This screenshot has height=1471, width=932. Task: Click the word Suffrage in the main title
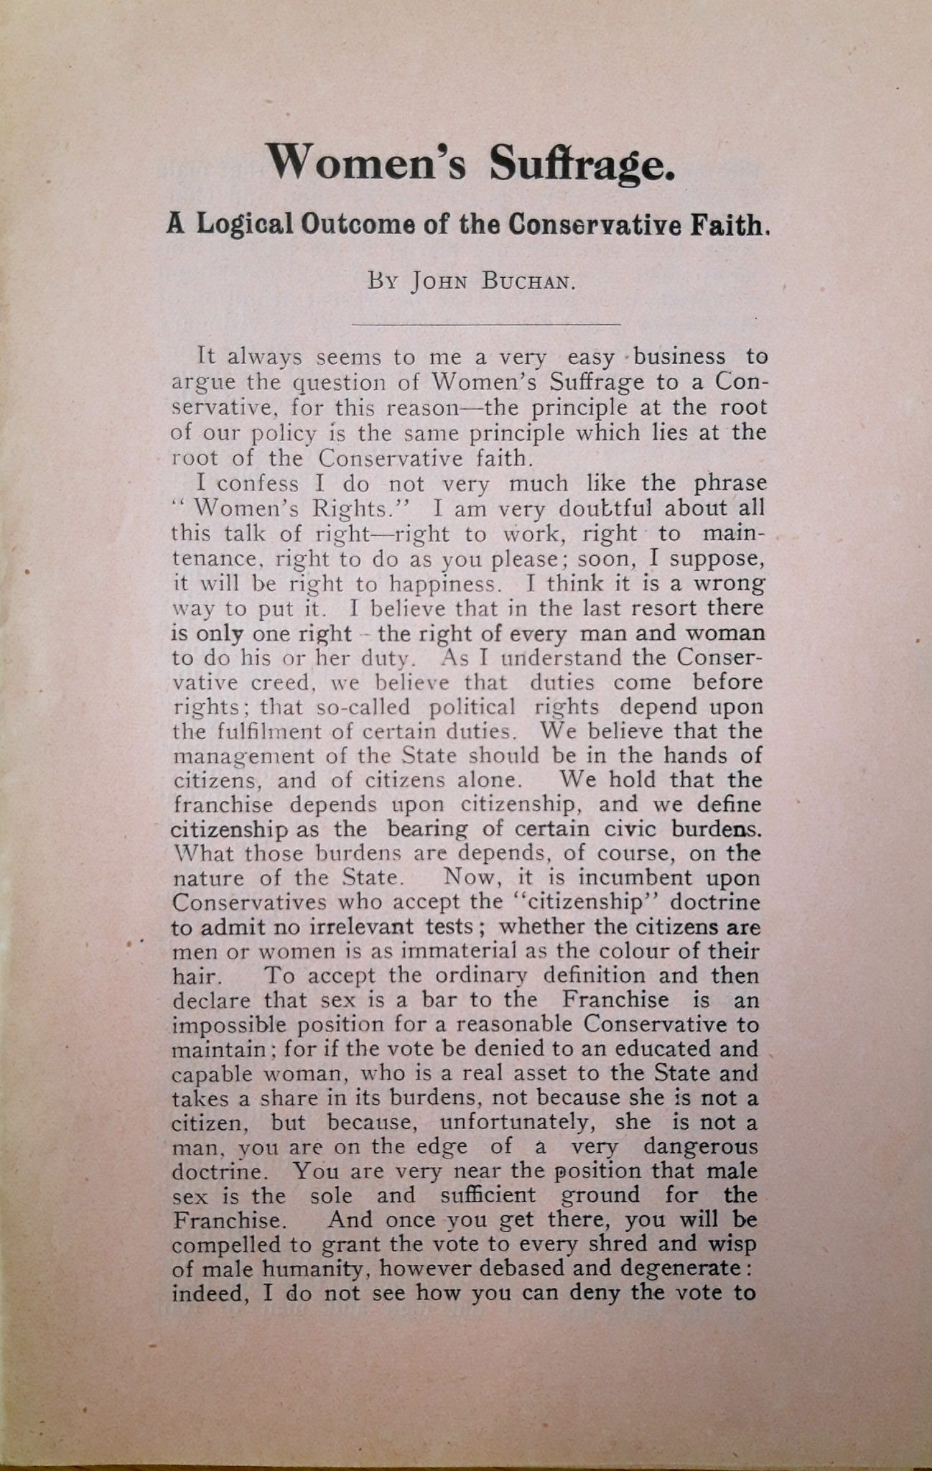pos(582,164)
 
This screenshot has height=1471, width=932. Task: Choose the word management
pos(234,756)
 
